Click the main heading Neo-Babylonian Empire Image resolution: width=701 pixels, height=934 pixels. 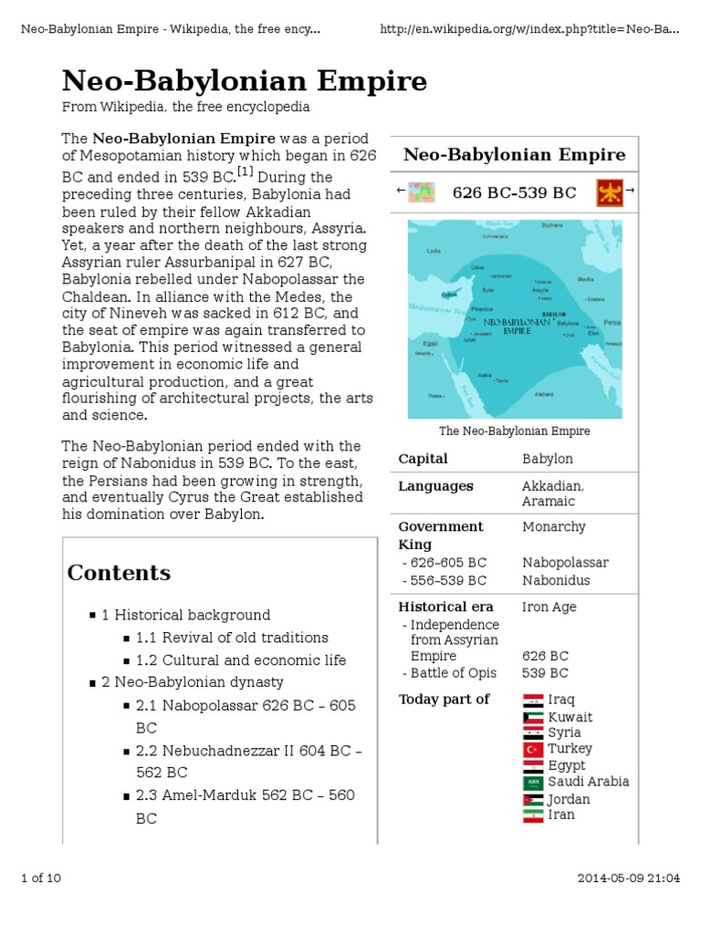pyautogui.click(x=244, y=81)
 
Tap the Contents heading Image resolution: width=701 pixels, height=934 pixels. pyautogui.click(x=119, y=573)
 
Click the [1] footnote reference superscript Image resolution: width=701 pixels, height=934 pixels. pyautogui.click(x=246, y=172)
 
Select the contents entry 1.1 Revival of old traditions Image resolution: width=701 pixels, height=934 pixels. pyautogui.click(x=232, y=638)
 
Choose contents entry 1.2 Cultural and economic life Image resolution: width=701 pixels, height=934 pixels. pyautogui.click(x=241, y=660)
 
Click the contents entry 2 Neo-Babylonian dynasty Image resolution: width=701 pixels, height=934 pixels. pyautogui.click(x=192, y=682)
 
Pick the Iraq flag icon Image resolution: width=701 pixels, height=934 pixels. pyautogui.click(x=533, y=700)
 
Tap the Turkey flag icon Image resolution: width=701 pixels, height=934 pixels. pyautogui.click(x=533, y=750)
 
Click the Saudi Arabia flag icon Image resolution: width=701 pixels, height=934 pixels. pyautogui.click(x=533, y=783)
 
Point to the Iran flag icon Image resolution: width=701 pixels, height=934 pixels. pyautogui.click(x=533, y=815)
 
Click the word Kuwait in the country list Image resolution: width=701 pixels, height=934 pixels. pyautogui.click(x=570, y=717)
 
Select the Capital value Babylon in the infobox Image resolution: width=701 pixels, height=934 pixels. pyautogui.click(x=547, y=459)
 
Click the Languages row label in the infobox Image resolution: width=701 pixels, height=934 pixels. pyautogui.click(x=435, y=486)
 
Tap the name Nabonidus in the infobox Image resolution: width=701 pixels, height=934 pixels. pyautogui.click(x=556, y=580)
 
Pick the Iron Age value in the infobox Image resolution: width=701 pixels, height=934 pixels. pyautogui.click(x=549, y=607)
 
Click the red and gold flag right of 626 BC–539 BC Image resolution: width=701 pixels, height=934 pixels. pyautogui.click(x=609, y=192)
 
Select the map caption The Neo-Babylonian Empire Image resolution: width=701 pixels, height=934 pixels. pyautogui.click(x=515, y=431)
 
